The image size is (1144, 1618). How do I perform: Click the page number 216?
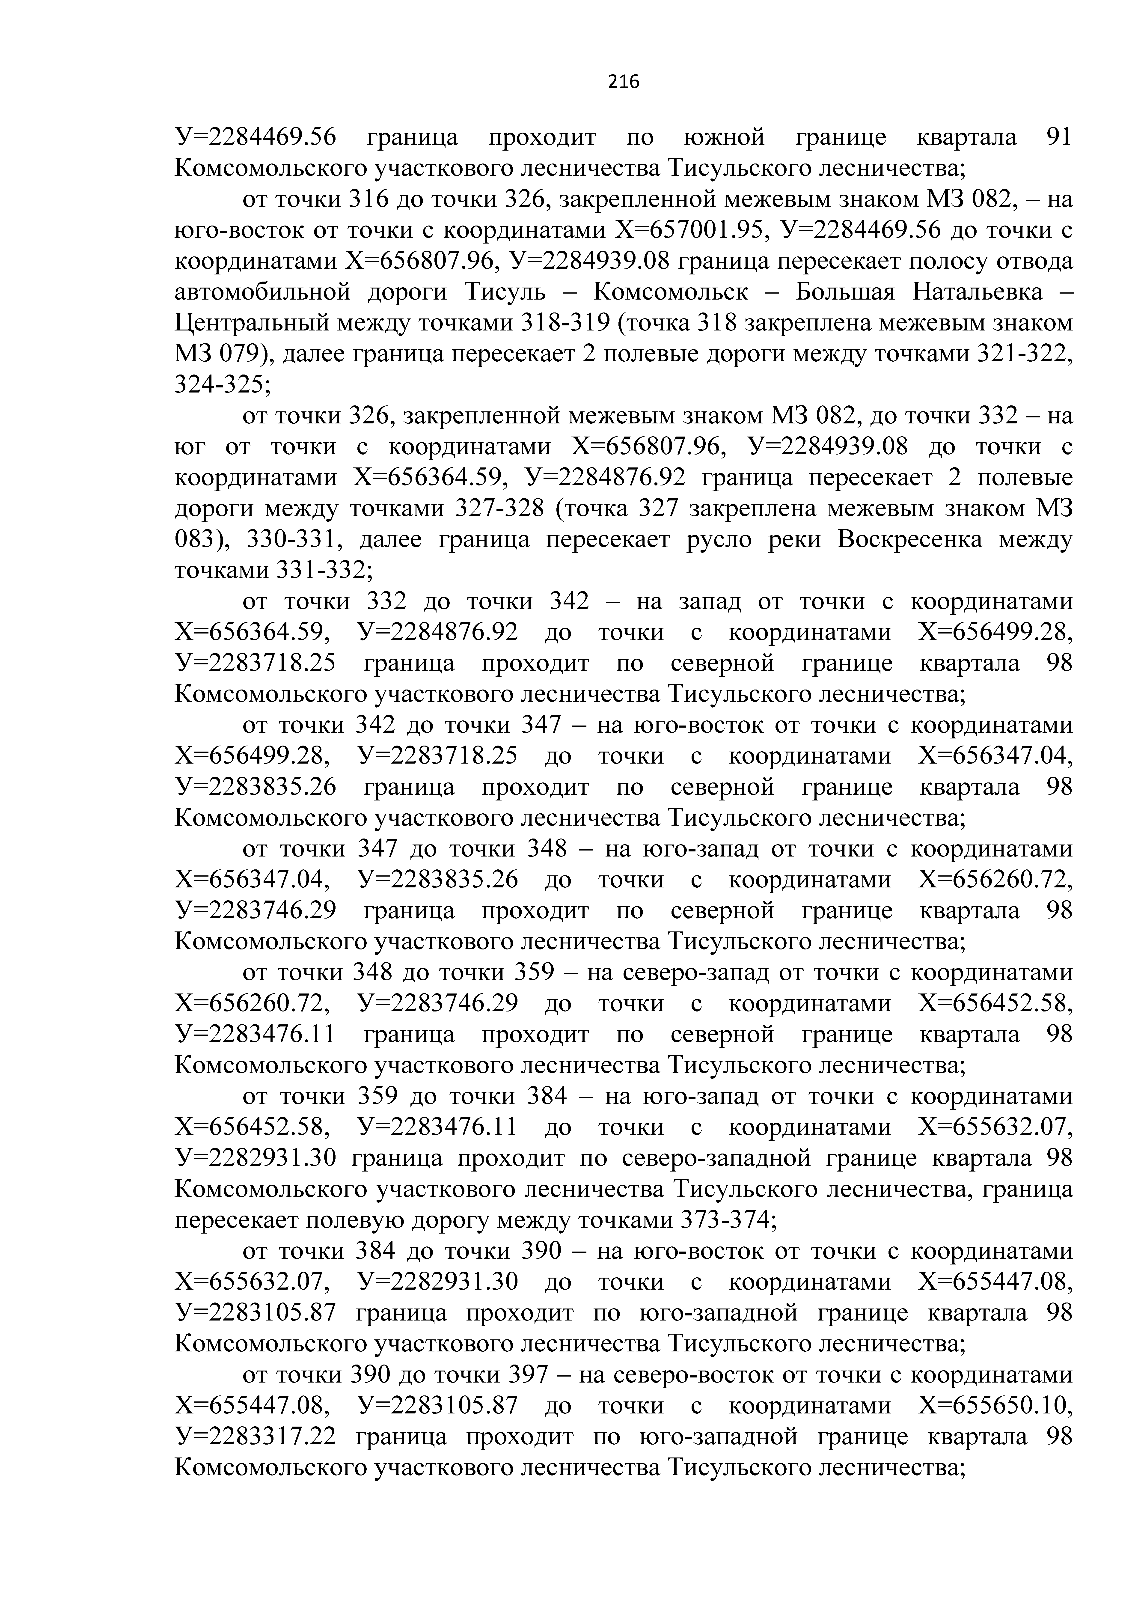(x=623, y=83)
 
